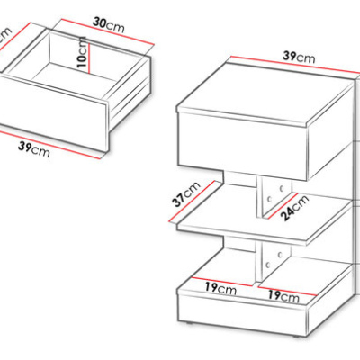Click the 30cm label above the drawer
pos(108,25)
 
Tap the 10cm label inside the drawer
pos(82,53)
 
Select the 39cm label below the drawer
pos(34,148)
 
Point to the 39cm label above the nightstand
pos(299,57)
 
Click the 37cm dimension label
pos(186,194)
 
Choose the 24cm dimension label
pos(296,208)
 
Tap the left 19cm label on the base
pos(220,288)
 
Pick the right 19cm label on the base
pos(283,296)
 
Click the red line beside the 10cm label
pos(89,55)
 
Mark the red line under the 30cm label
pos(107,31)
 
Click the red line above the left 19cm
pos(221,281)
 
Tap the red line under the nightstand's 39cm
pos(295,65)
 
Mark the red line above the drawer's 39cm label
pos(50,145)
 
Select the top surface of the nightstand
pos(264,92)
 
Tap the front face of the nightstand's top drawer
pos(242,146)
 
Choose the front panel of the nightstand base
pos(242,312)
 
